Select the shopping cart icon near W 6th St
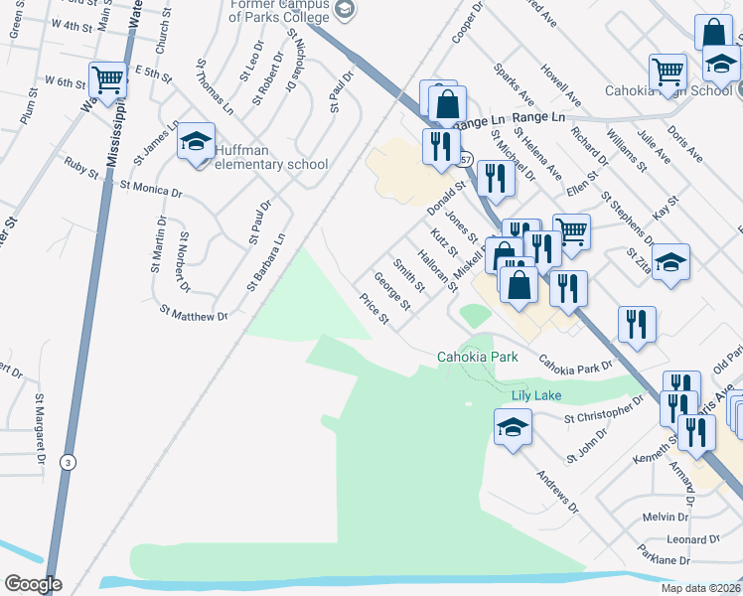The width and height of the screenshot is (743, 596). tap(108, 79)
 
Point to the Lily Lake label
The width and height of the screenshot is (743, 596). tap(536, 395)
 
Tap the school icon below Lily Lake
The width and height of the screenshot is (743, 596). tap(513, 428)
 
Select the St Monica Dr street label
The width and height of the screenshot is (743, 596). tap(151, 188)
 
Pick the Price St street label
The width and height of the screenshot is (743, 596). tap(373, 310)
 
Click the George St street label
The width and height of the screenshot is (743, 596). tap(392, 290)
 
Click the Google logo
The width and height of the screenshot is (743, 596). tap(32, 584)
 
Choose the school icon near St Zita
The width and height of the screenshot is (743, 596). tap(671, 261)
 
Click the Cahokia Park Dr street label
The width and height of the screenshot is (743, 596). tap(576, 366)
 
